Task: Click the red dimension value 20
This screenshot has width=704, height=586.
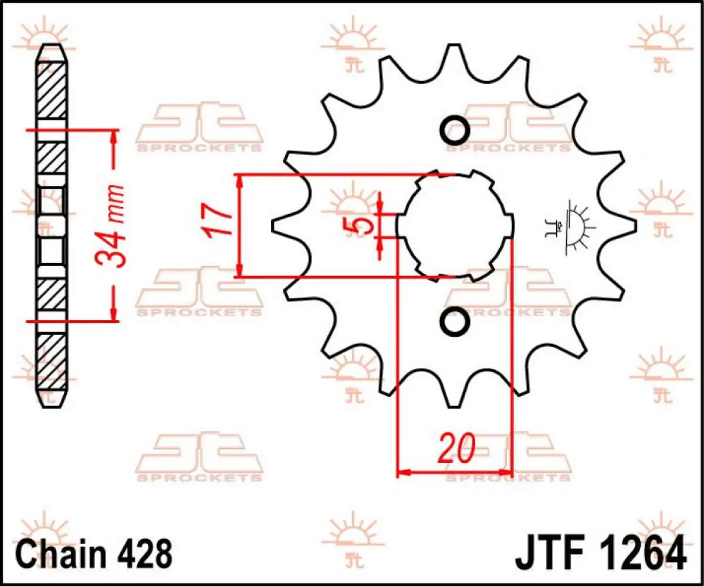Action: pos(456,449)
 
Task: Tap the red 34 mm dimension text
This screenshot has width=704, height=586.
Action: pos(112,226)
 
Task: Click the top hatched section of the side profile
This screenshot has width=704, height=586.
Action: pos(52,91)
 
